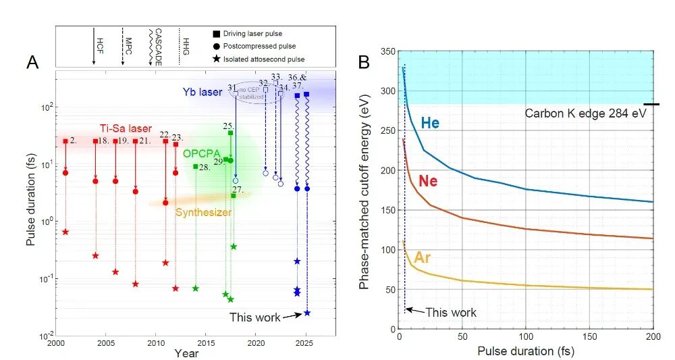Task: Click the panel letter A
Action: click(32, 63)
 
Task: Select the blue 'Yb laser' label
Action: click(202, 91)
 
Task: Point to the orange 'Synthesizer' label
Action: click(203, 212)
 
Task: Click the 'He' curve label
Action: click(431, 122)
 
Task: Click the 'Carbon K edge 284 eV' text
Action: click(585, 113)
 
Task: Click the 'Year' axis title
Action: click(186, 353)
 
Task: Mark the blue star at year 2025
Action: click(307, 313)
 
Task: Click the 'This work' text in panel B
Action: click(451, 313)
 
